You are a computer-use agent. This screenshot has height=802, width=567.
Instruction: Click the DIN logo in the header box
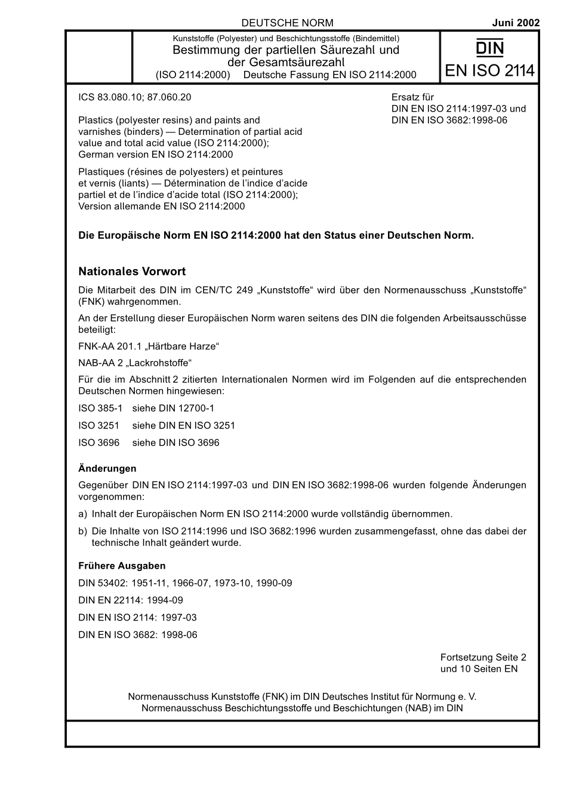[x=489, y=47]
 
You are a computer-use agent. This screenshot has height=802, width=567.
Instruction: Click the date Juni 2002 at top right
[x=516, y=23]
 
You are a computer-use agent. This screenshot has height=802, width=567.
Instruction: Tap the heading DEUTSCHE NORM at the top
[x=287, y=23]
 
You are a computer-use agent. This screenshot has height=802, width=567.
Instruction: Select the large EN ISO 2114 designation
[x=489, y=71]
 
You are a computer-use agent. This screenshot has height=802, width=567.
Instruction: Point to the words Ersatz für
[x=412, y=97]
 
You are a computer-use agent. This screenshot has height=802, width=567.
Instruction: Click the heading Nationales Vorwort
[x=132, y=272]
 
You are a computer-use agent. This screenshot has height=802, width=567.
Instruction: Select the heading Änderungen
[x=107, y=468]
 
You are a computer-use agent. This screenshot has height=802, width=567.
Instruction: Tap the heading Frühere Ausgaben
[x=122, y=566]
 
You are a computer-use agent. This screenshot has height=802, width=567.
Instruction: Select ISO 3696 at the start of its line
[x=98, y=443]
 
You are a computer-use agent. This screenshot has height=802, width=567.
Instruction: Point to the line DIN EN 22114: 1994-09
[x=131, y=600]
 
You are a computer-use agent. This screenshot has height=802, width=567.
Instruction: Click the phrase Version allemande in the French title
[x=119, y=206]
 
